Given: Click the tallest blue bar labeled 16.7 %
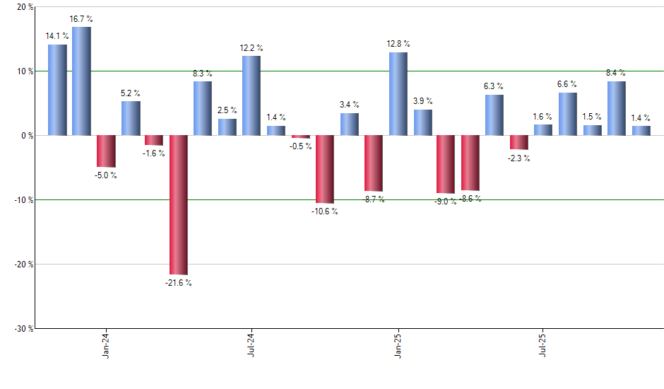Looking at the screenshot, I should click(81, 81).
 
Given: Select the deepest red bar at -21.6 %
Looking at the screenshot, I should click(178, 204).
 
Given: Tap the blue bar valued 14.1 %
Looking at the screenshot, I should click(57, 90).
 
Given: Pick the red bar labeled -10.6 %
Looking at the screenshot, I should click(324, 169).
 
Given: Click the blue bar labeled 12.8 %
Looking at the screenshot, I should click(398, 93).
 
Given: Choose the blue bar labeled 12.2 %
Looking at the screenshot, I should click(251, 95).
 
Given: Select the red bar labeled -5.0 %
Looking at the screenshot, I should click(106, 151).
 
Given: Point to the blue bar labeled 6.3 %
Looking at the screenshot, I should click(494, 115).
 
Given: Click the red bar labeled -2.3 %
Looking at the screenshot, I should click(519, 142).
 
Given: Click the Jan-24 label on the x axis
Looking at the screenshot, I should click(106, 346).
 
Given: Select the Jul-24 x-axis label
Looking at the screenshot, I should click(251, 346).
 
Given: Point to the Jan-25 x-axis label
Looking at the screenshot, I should click(398, 346).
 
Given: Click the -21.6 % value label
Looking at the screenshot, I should click(177, 283).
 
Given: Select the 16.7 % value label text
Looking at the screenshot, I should click(82, 18).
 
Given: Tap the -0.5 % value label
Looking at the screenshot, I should click(300, 146).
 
